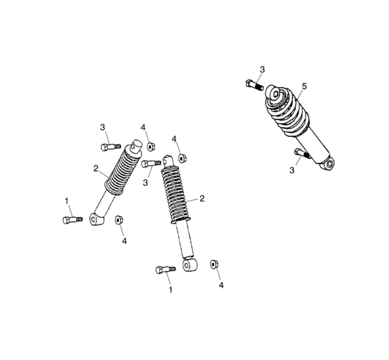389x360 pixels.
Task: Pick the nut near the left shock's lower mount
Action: tap(119, 220)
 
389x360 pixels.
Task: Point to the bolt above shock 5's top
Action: tap(253, 85)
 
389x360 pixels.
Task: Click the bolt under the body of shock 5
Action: tap(300, 153)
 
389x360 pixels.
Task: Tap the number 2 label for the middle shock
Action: tap(202, 198)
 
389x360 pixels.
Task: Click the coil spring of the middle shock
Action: tap(176, 194)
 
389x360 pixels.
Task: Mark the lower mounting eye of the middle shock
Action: tap(188, 265)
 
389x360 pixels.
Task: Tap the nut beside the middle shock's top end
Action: tap(181, 157)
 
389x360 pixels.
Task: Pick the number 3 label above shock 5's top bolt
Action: tap(262, 69)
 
